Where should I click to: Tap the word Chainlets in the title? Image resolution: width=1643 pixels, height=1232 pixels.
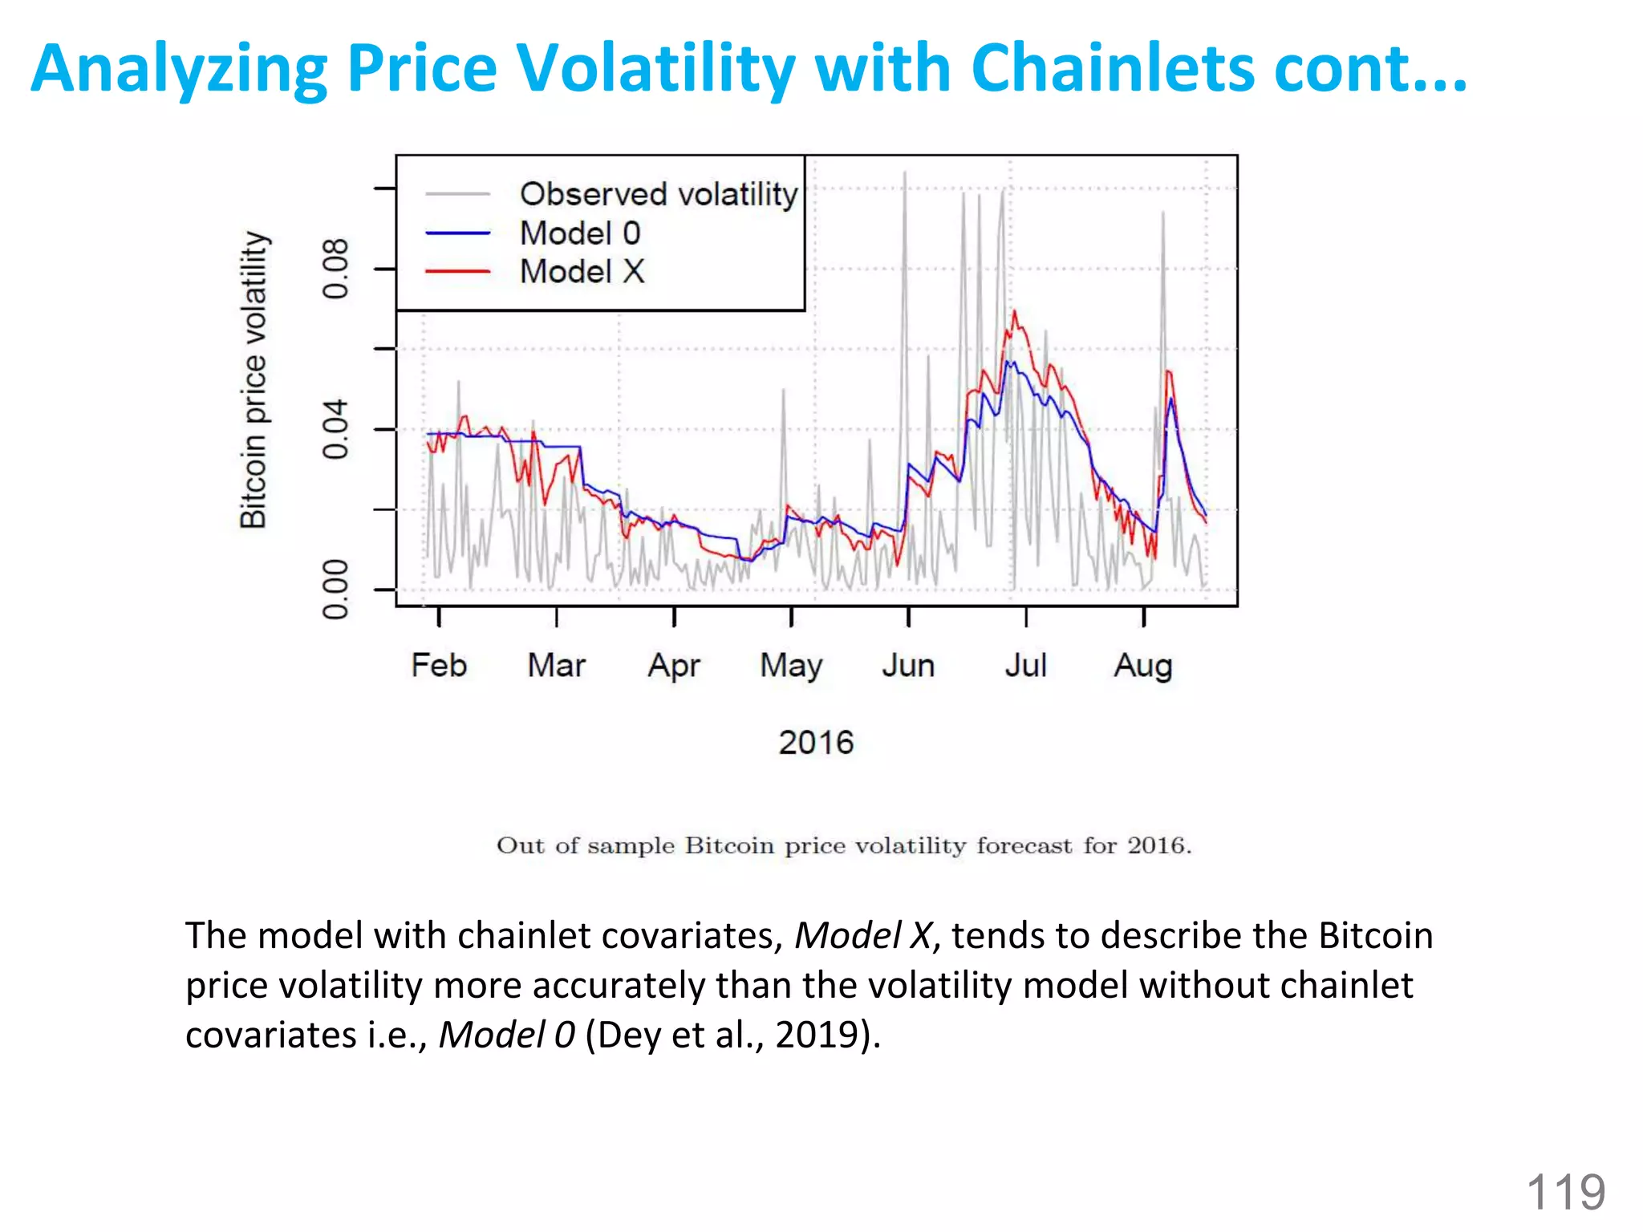[1112, 68]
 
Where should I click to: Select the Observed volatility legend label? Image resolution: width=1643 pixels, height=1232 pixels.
[658, 194]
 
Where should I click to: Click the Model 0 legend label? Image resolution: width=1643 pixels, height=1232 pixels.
[579, 233]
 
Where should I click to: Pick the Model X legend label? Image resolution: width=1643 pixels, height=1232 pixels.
[582, 272]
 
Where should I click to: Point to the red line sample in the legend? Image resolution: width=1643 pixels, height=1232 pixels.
[457, 272]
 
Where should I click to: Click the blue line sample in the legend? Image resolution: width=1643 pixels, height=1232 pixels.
[457, 233]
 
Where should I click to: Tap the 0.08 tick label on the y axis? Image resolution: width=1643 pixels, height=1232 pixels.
[335, 269]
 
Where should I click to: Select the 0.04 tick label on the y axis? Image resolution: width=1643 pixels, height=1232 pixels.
[335, 429]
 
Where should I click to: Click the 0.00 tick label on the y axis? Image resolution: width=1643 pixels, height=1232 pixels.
[335, 590]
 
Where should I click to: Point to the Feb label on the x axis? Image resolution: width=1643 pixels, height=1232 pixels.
[439, 666]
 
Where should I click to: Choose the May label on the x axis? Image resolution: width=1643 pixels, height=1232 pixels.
[791, 666]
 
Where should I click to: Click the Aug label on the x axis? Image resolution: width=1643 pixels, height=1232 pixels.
[1143, 666]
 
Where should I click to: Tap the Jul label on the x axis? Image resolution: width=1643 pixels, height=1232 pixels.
[1026, 666]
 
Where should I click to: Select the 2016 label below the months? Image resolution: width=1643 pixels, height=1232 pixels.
[816, 743]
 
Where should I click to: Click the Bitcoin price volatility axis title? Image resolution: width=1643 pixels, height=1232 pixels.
[254, 379]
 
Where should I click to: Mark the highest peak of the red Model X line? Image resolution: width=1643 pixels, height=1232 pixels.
[1014, 312]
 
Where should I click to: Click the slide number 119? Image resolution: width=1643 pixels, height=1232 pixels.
[1565, 1192]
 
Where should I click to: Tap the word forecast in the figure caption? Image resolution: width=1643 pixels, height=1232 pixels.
[1024, 845]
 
